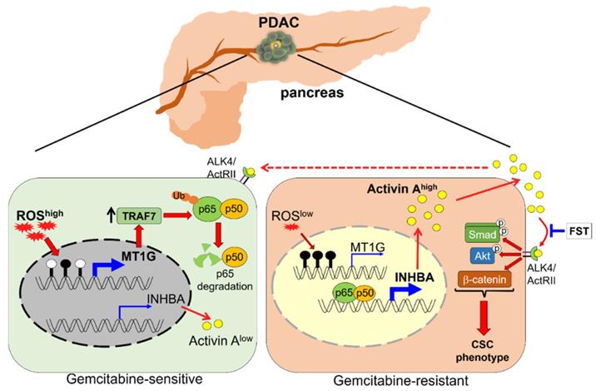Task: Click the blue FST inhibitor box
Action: [x=574, y=228]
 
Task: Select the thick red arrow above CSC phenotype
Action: [x=479, y=317]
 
